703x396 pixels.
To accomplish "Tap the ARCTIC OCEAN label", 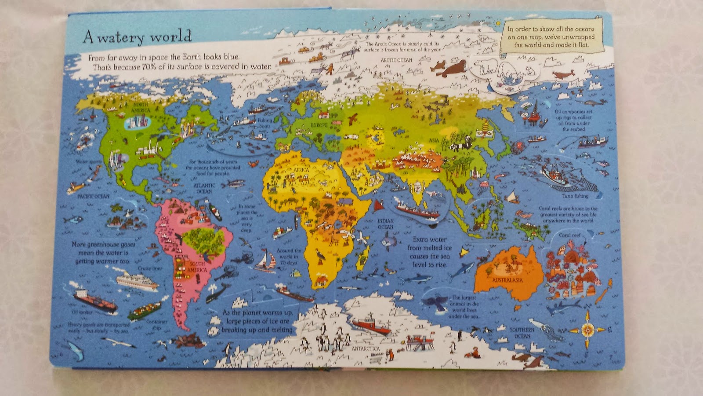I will [x=396, y=60].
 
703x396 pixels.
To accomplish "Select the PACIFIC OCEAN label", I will [x=93, y=196].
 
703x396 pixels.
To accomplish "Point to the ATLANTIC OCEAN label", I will [x=204, y=188].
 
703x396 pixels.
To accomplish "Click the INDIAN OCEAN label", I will [x=385, y=224].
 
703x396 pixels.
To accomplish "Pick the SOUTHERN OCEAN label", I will [x=522, y=333].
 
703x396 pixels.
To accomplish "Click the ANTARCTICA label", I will [x=366, y=348].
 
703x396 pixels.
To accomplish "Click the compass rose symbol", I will [x=587, y=329].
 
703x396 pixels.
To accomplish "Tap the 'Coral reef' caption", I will [x=570, y=235].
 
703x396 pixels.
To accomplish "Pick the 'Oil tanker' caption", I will [x=82, y=312].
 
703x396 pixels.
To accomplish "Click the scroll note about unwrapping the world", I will [x=551, y=37].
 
